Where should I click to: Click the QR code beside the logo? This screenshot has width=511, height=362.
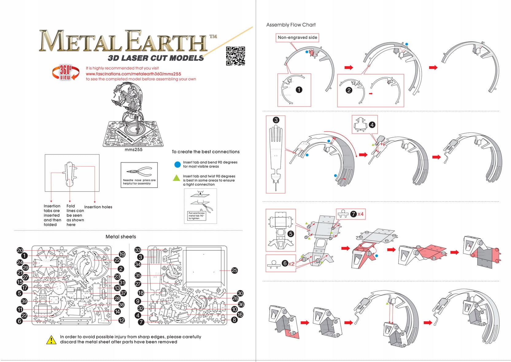(235, 56)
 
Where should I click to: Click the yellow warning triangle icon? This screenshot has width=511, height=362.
(51, 340)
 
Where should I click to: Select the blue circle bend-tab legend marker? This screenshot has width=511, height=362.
(177, 165)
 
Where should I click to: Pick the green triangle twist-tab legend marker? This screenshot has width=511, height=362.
(176, 178)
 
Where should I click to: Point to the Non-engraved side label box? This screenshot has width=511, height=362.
(297, 37)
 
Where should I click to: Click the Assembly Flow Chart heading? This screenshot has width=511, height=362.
(291, 25)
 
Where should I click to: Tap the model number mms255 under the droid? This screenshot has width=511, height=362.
(134, 150)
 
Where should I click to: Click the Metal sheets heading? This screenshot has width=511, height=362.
(121, 237)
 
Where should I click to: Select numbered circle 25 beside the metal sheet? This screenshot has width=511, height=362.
(234, 270)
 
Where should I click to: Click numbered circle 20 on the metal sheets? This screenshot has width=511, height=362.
(20, 250)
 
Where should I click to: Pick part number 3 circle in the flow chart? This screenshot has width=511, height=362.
(276, 120)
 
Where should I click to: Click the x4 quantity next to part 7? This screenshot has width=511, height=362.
(360, 214)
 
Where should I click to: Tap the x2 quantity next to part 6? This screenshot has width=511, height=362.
(291, 264)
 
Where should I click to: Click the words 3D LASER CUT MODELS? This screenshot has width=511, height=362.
(156, 58)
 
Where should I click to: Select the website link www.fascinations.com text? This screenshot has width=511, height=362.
(133, 74)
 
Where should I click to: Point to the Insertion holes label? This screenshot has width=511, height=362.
(98, 207)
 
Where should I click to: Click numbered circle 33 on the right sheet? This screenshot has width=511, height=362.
(138, 250)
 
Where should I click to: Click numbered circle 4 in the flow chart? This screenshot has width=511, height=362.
(372, 125)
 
